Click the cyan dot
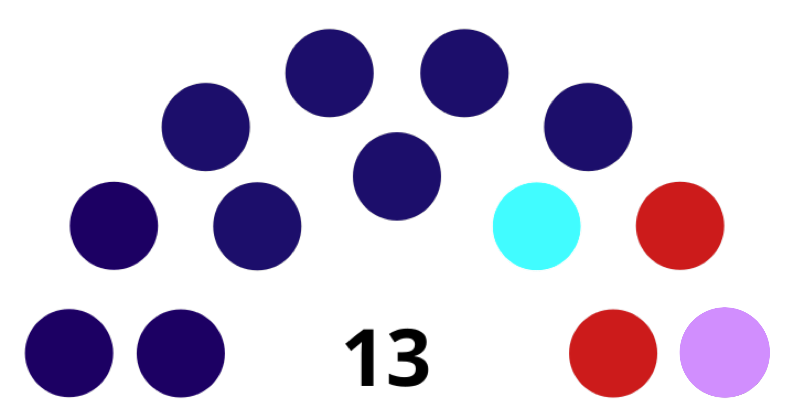[536, 226]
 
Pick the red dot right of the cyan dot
[680, 226]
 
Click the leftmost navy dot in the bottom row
[69, 353]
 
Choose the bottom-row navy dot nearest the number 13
[181, 353]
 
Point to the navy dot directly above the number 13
[397, 176]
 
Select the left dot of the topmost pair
[329, 73]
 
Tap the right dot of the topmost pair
[464, 73]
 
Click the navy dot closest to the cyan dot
[588, 127]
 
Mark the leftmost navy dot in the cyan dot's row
[114, 226]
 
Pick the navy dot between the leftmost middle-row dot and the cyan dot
[257, 226]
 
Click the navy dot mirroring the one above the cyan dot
[206, 127]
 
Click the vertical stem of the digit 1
[367, 357]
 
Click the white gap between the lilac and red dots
[668, 353]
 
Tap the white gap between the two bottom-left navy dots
[125, 353]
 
